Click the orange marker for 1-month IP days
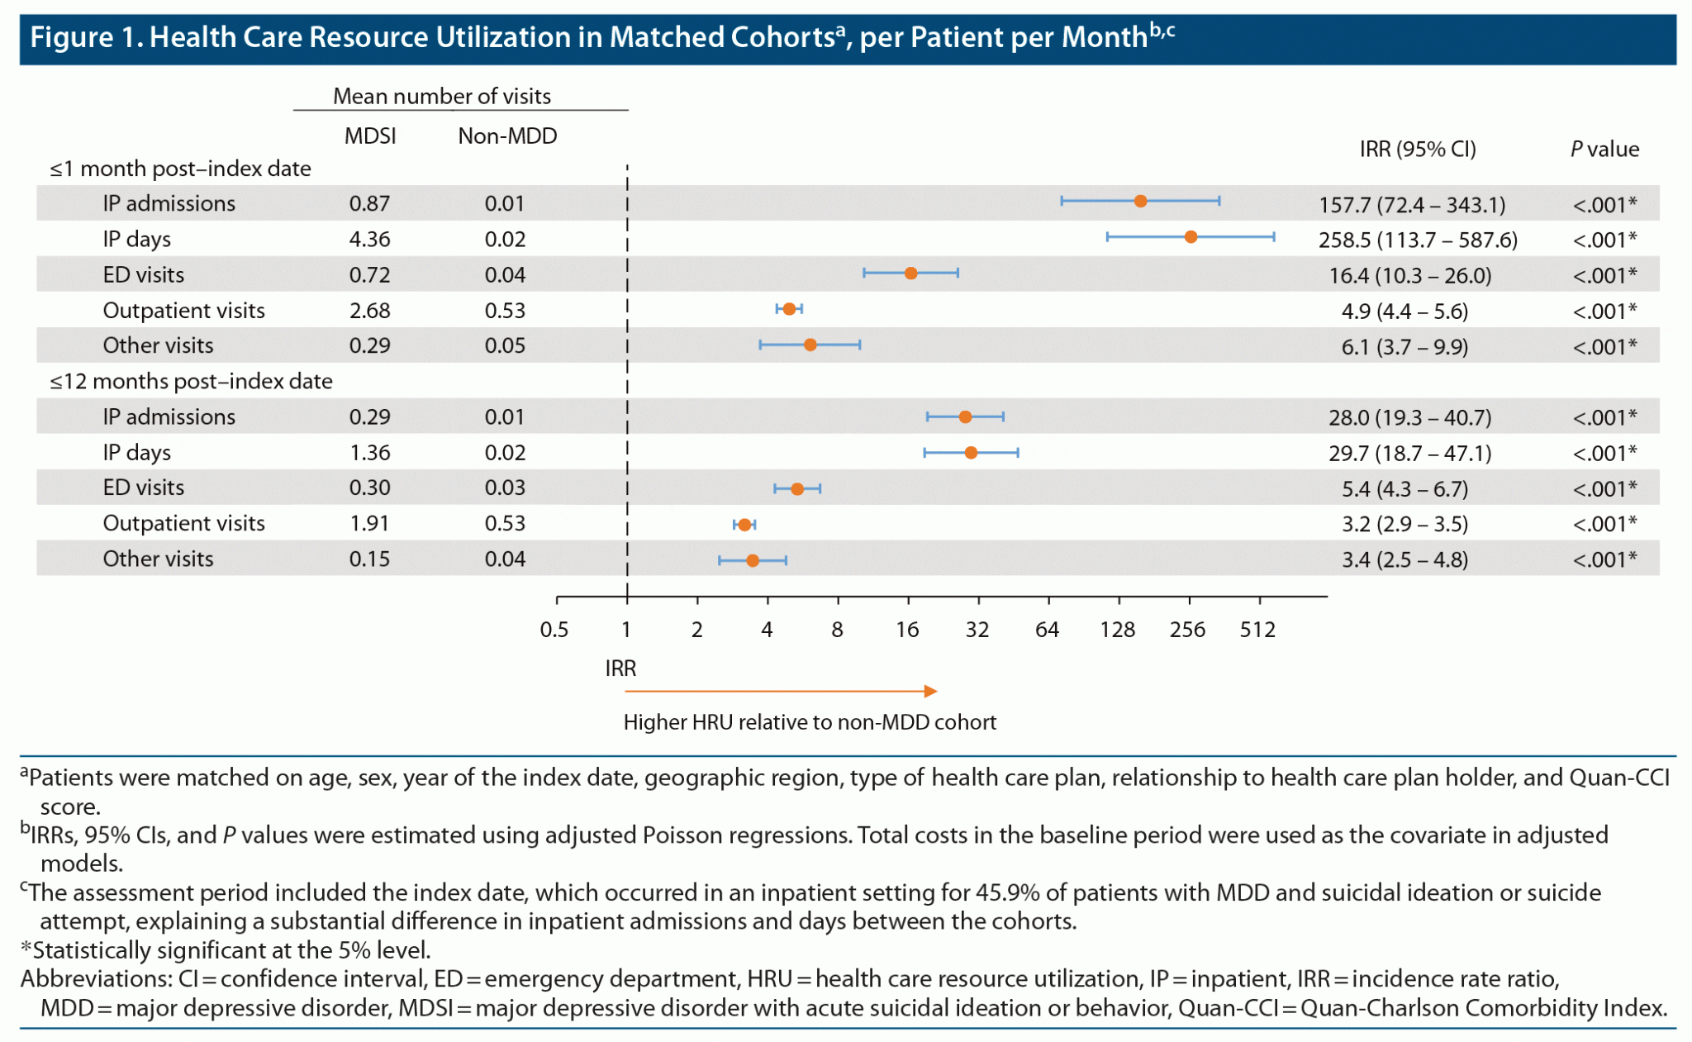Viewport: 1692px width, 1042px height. (x=1191, y=237)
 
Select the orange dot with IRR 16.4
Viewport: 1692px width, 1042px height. (x=910, y=274)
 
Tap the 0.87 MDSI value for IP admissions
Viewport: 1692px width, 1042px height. (x=369, y=204)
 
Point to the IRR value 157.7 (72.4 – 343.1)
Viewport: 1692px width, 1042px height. (x=1412, y=205)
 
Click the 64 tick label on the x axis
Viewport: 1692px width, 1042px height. (x=1047, y=630)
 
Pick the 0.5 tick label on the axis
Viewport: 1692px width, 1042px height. (x=554, y=630)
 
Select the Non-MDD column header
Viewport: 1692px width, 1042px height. (x=507, y=136)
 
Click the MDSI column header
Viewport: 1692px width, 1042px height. (x=370, y=136)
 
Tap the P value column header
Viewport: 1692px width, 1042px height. (x=1604, y=150)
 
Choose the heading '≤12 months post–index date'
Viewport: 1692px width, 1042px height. (x=191, y=382)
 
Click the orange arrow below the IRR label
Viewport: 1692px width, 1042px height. (x=781, y=691)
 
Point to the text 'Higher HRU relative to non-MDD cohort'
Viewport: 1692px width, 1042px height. (x=810, y=723)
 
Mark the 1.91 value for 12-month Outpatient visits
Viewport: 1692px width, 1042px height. (x=369, y=524)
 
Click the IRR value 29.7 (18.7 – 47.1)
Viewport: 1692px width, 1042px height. (x=1409, y=454)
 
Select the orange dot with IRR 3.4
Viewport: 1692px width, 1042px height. (x=753, y=560)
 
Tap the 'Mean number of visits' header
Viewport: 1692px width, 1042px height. (x=442, y=97)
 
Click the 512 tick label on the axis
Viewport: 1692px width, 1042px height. (x=1257, y=630)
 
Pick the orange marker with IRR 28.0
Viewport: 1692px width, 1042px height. (x=965, y=416)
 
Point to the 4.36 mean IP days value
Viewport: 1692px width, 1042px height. (x=369, y=240)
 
